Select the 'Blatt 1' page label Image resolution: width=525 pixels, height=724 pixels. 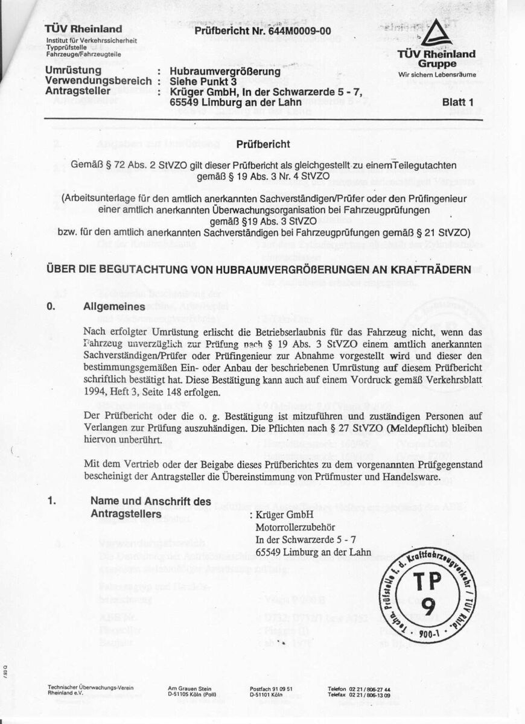tap(463, 102)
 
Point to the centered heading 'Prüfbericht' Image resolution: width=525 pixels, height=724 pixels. tap(263, 145)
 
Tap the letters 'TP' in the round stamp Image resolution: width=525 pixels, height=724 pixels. tap(428, 581)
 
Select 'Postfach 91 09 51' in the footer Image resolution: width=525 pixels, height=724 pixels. tap(271, 689)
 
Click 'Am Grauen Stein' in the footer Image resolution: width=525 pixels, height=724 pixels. tap(189, 689)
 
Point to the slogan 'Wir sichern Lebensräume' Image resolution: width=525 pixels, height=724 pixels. tap(437, 75)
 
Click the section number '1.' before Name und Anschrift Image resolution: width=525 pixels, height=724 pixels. tap(51, 501)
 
